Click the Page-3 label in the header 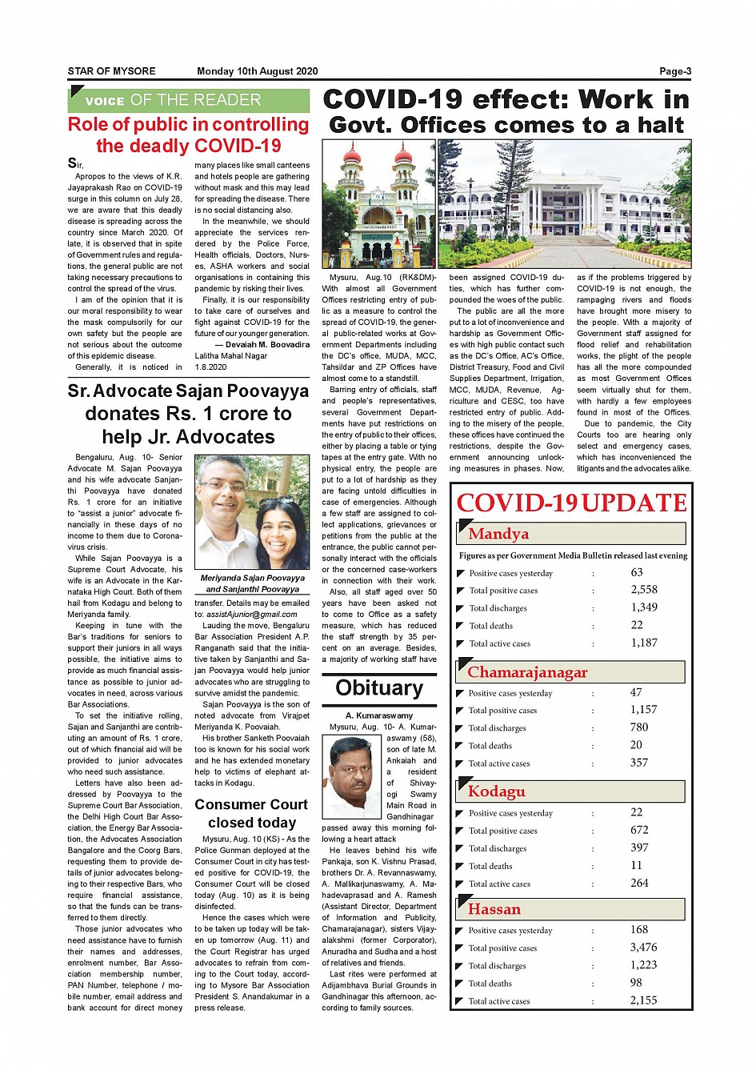674,71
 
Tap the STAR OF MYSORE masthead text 111,71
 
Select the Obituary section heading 379,688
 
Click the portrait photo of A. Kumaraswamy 351,776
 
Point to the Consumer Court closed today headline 252,813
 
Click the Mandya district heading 498,534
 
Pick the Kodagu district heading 497,791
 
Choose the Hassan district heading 494,909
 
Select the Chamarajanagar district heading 527,672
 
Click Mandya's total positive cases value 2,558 644,590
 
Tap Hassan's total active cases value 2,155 643,1000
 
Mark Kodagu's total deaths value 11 636,865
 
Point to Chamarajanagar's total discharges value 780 639,727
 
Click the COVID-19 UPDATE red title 571,503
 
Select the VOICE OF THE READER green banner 188,100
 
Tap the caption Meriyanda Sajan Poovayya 252,578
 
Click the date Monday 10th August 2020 257,71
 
